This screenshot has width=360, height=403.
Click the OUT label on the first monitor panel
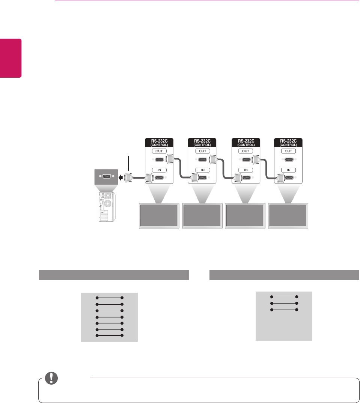point(159,151)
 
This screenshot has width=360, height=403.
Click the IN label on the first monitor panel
point(159,170)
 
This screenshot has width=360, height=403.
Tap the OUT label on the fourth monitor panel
point(288,151)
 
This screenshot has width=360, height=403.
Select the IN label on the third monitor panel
point(246,170)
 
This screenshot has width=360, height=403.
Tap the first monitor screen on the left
point(159,215)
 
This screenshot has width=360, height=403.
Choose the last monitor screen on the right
point(289,215)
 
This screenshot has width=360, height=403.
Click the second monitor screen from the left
point(202,215)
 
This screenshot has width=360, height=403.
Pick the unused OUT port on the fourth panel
point(288,159)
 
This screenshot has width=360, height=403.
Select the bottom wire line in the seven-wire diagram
point(110,335)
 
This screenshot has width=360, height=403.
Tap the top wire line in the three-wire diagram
point(284,297)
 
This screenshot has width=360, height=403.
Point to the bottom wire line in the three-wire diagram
point(284,310)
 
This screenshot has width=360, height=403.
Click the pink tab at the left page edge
point(11,58)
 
